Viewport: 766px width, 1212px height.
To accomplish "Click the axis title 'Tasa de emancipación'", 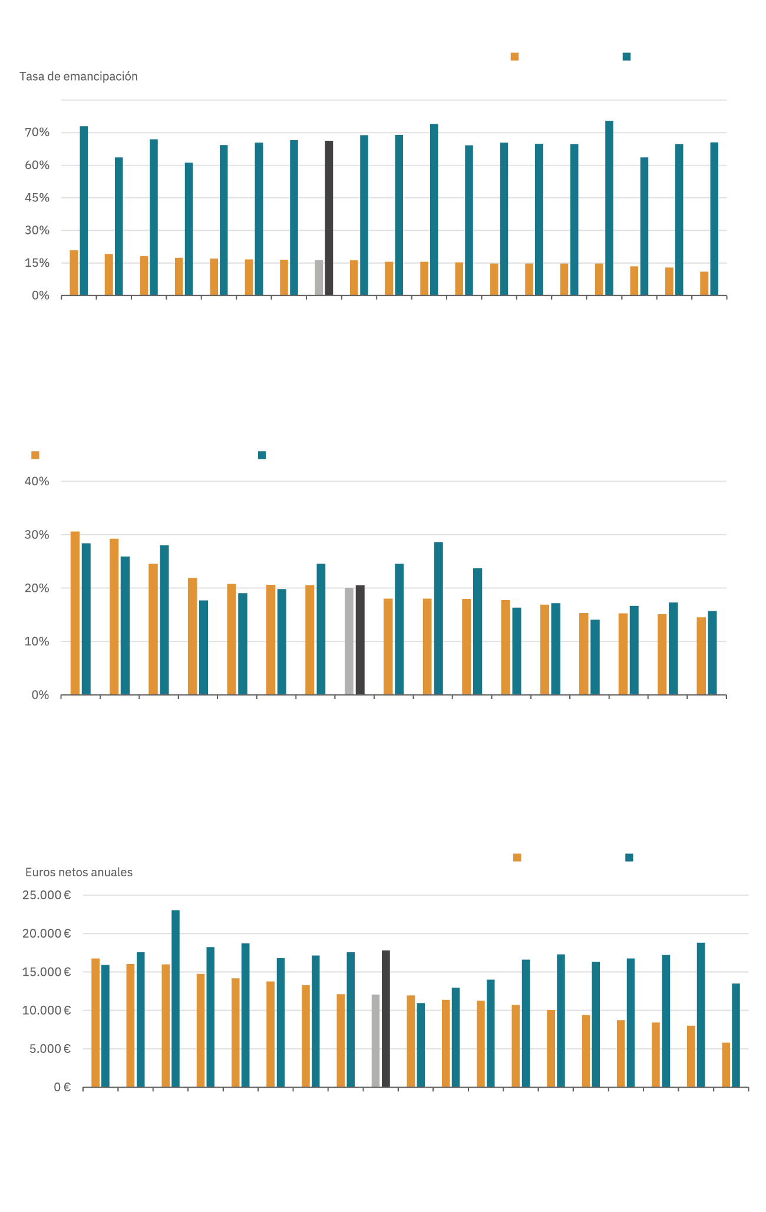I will pyautogui.click(x=78, y=77).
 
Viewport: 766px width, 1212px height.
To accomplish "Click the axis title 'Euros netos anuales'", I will pyautogui.click(x=79, y=872).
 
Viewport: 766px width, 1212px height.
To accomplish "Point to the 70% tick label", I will pyautogui.click(x=37, y=133).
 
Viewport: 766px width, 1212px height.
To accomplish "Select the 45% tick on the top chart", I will pyautogui.click(x=37, y=198).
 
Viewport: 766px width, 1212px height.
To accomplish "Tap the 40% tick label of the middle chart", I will pyautogui.click(x=37, y=481).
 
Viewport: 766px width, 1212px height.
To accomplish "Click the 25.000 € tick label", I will pyautogui.click(x=47, y=895).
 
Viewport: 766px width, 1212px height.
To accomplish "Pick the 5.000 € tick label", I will pyautogui.click(x=50, y=1048).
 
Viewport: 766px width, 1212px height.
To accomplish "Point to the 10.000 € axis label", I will pyautogui.click(x=47, y=1010).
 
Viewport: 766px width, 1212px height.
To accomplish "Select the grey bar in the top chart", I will pyautogui.click(x=319, y=277).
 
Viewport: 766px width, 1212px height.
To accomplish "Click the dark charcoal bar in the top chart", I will pyautogui.click(x=329, y=218).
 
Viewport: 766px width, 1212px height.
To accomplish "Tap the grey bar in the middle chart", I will pyautogui.click(x=349, y=641).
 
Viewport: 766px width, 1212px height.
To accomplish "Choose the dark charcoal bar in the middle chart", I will pyautogui.click(x=360, y=640).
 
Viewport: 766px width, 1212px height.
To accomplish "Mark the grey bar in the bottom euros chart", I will pyautogui.click(x=375, y=1040).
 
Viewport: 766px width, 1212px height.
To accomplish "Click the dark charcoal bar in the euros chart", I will pyautogui.click(x=386, y=1018).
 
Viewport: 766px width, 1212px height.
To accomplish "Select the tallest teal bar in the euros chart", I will pyautogui.click(x=176, y=998).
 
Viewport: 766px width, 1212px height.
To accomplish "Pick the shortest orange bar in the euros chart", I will pyautogui.click(x=726, y=1065).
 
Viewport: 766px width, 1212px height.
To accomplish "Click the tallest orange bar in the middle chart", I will pyautogui.click(x=75, y=612).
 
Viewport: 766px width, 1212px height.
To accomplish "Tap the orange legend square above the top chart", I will pyautogui.click(x=514, y=57).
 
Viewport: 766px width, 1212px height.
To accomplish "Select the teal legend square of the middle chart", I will pyautogui.click(x=262, y=455).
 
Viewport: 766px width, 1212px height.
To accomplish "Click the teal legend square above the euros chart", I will pyautogui.click(x=629, y=857).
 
